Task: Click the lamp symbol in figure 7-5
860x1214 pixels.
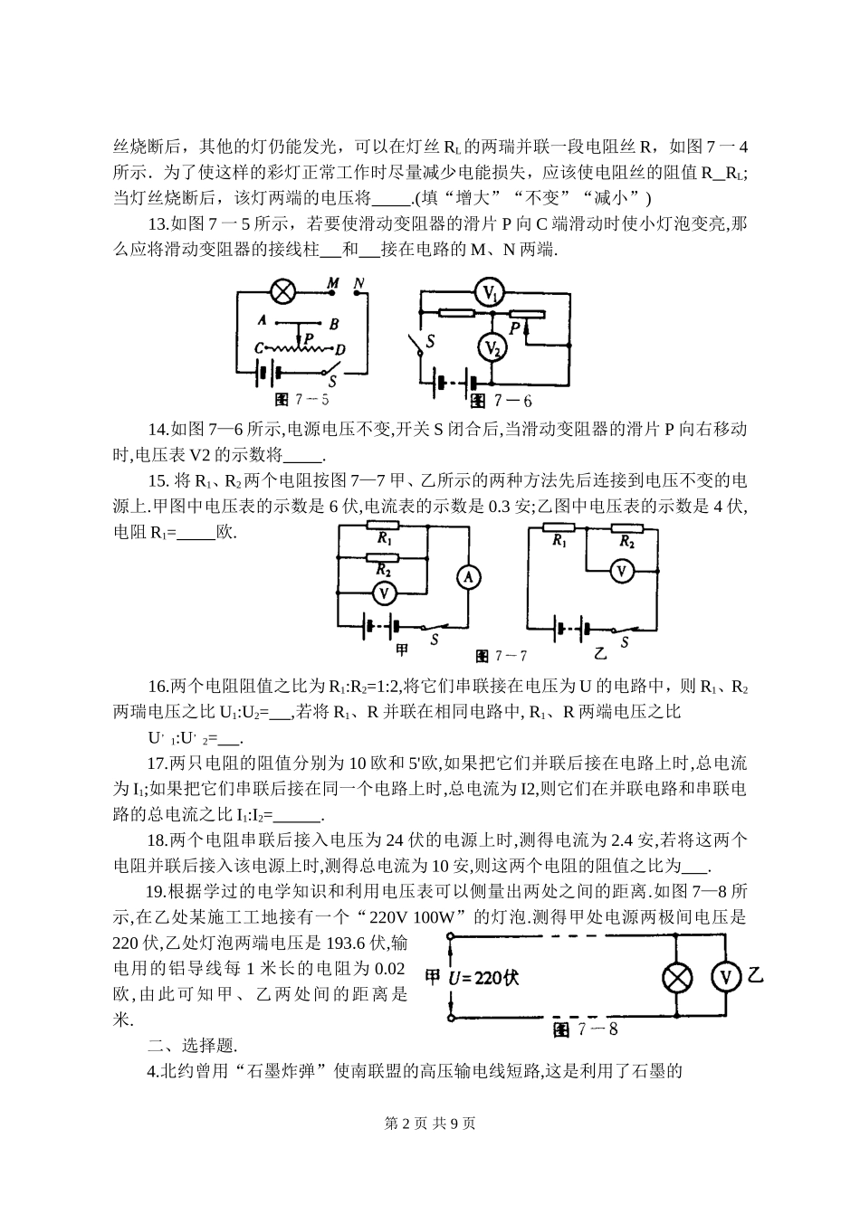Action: [x=283, y=291]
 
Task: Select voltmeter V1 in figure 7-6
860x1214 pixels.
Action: [x=490, y=291]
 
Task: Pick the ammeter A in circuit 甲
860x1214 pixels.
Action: [x=467, y=577]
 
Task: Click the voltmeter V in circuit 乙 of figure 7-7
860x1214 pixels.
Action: [x=621, y=572]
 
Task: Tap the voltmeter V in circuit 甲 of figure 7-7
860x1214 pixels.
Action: [x=384, y=593]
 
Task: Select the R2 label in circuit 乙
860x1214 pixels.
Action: [x=626, y=542]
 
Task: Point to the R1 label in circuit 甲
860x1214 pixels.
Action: [x=385, y=538]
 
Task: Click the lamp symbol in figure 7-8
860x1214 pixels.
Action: [x=678, y=978]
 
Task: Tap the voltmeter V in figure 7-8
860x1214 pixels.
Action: [x=725, y=977]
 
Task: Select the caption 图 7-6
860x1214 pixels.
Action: [x=499, y=401]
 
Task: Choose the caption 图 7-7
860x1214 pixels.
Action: [x=502, y=656]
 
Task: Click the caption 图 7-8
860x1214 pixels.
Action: [x=585, y=1029]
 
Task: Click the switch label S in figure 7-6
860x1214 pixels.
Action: [x=430, y=341]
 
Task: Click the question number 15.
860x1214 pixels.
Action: [x=158, y=481]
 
